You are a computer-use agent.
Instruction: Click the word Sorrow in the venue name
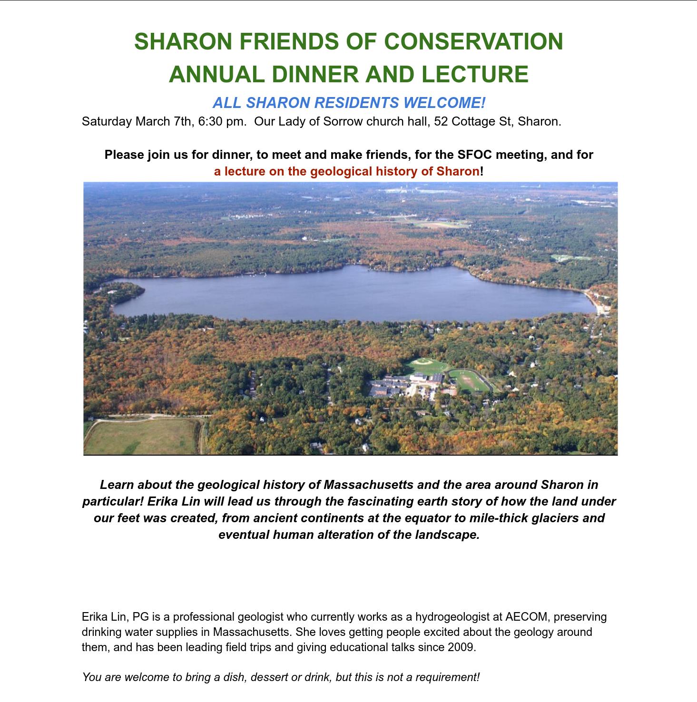(340, 121)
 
